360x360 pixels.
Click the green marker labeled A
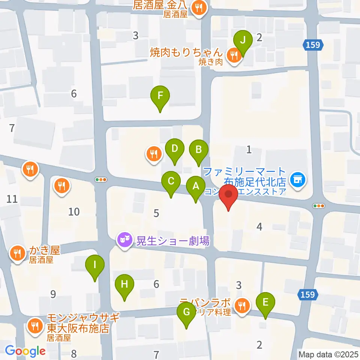pyautogui.click(x=195, y=186)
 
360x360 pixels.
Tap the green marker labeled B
pyautogui.click(x=199, y=150)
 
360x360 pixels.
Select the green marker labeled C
pyautogui.click(x=171, y=181)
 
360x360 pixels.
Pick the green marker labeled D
pyautogui.click(x=174, y=148)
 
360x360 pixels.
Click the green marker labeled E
pyautogui.click(x=265, y=302)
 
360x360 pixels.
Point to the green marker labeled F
pyautogui.click(x=160, y=95)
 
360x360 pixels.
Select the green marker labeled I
pyautogui.click(x=95, y=265)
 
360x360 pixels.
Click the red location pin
pyautogui.click(x=228, y=195)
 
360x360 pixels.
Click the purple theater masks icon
pyautogui.click(x=124, y=239)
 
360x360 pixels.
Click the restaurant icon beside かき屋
pyautogui.click(x=17, y=253)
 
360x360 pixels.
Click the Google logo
pyautogui.click(x=25, y=351)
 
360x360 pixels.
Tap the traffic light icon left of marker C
pyautogui.click(x=101, y=180)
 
